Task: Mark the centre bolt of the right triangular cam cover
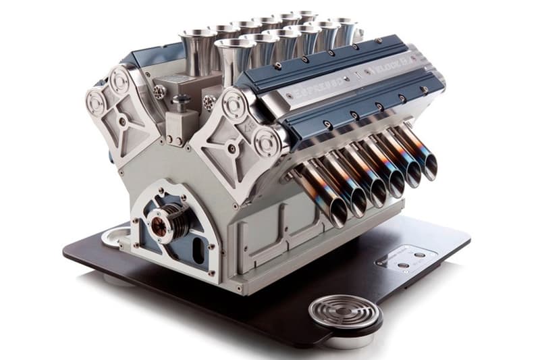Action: (232, 143)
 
